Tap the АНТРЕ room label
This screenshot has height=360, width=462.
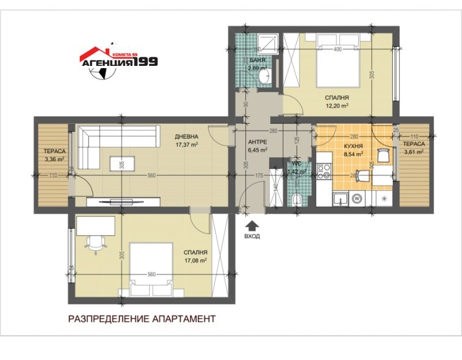257,142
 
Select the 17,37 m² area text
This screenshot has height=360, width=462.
187,145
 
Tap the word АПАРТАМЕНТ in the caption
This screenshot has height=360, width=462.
179,319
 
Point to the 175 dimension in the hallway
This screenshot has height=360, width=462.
259,175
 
